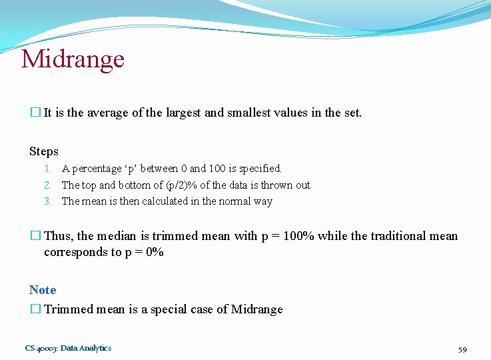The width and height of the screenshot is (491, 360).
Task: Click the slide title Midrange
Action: point(73,59)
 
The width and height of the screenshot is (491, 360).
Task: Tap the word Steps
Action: point(44,151)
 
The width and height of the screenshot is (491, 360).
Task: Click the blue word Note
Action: point(43,290)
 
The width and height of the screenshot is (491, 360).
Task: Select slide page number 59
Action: point(463,349)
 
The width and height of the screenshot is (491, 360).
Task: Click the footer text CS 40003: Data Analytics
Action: point(68,348)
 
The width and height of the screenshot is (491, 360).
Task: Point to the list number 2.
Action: point(48,185)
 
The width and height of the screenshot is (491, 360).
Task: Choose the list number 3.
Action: point(48,201)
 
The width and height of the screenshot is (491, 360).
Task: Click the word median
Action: point(119,236)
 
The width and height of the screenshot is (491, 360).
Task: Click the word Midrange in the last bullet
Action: point(256,309)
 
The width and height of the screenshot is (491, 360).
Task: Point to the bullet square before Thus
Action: point(35,236)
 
